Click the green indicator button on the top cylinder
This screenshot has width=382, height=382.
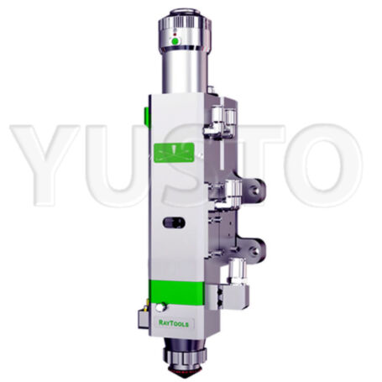coord(175,41)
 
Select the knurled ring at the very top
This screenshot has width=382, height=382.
coord(183,16)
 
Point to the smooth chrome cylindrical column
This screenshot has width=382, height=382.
coord(184,67)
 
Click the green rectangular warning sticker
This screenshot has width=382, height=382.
coord(178,154)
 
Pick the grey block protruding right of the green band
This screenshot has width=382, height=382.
coord(223,296)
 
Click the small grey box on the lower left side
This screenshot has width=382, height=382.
coord(146,317)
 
